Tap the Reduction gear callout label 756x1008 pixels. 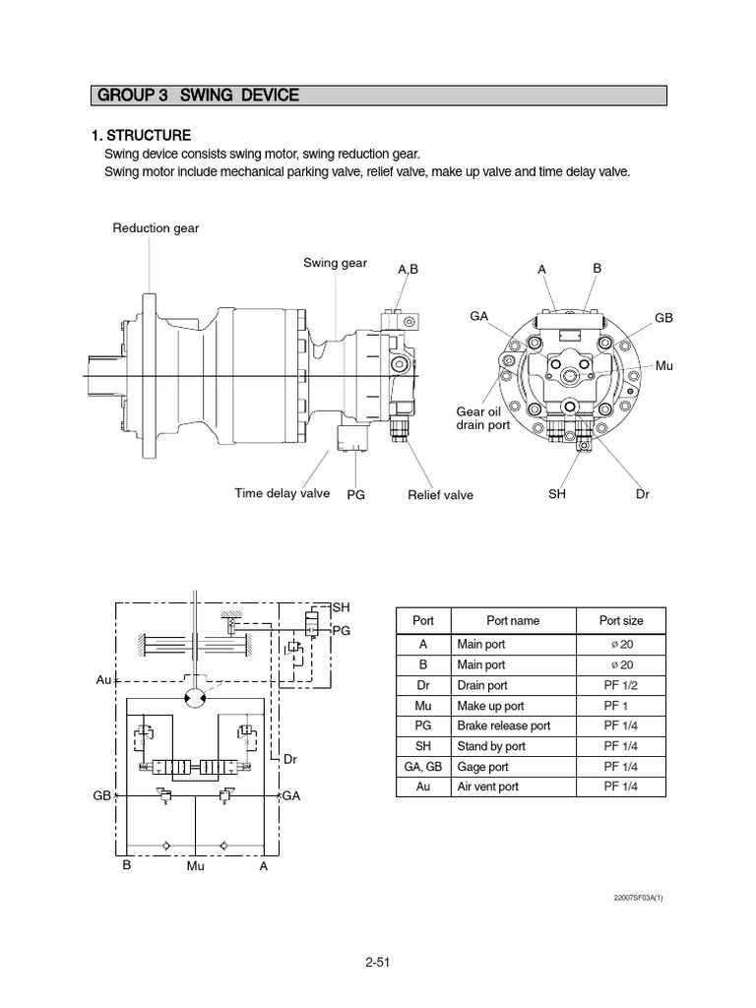tap(156, 228)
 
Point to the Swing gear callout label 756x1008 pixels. tap(335, 263)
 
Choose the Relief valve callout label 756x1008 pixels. tap(440, 495)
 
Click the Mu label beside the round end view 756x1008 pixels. tap(664, 365)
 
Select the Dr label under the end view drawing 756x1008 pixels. tap(643, 494)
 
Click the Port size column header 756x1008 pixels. tap(621, 621)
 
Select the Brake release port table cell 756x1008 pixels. tap(503, 725)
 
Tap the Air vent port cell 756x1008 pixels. tap(489, 787)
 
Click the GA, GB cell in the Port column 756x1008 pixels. tap(422, 767)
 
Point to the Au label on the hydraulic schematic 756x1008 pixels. tap(103, 680)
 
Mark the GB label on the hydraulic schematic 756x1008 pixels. tap(102, 794)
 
